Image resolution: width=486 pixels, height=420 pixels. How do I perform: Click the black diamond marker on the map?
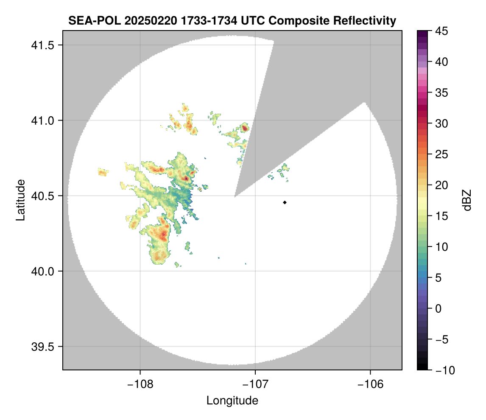click(285, 202)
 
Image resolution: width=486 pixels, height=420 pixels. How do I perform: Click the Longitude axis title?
click(232, 400)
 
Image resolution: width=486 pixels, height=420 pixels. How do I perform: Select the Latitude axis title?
click(20, 200)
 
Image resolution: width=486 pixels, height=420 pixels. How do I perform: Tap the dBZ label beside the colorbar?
click(467, 200)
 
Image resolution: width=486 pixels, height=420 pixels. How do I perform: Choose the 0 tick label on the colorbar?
click(439, 308)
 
